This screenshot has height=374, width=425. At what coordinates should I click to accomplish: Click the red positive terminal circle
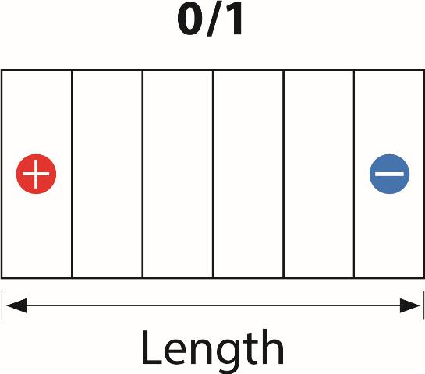tap(36, 174)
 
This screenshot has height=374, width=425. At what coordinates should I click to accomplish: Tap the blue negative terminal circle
tap(389, 174)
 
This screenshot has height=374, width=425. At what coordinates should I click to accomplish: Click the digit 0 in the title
tap(190, 20)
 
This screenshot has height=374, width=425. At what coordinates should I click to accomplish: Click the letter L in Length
tap(152, 348)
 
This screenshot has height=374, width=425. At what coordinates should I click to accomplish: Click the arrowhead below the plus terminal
tap(16, 305)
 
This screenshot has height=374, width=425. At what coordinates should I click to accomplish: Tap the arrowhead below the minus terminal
tap(410, 305)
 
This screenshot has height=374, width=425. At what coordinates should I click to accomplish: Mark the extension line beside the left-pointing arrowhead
tap(2, 305)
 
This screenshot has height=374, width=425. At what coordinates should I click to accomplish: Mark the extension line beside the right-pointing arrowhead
tap(423, 305)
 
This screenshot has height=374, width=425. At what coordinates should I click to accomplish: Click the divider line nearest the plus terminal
tap(72, 174)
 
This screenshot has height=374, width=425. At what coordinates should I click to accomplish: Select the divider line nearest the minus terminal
tap(354, 174)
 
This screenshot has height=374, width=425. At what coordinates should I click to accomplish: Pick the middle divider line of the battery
tap(213, 174)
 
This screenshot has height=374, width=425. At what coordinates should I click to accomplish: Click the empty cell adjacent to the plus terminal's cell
tap(108, 174)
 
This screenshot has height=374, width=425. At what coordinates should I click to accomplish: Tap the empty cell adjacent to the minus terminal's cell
tap(319, 174)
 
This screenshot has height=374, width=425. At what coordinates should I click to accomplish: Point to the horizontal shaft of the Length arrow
tap(213, 305)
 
